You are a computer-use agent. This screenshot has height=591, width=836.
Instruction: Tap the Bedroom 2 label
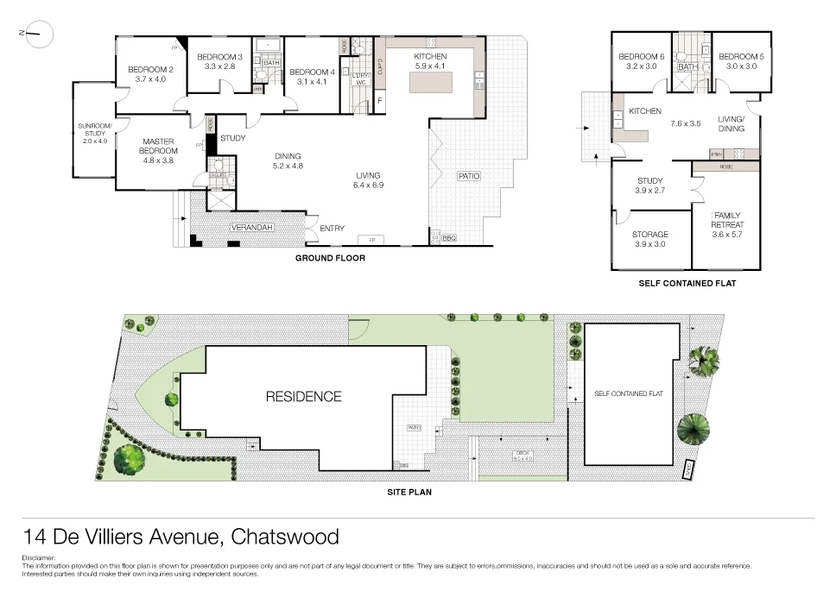coord(151,70)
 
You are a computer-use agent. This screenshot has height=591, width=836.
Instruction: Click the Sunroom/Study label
coord(92,129)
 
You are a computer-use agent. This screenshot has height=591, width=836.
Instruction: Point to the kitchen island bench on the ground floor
coord(429,82)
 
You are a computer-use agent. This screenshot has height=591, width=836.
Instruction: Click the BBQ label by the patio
coord(448,237)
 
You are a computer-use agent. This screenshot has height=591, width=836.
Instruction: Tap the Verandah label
coord(251,227)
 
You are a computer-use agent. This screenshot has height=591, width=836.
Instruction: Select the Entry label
coord(332,229)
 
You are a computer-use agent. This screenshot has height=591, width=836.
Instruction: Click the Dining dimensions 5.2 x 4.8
coord(288,166)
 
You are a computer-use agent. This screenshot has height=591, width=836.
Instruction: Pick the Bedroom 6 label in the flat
coord(641,57)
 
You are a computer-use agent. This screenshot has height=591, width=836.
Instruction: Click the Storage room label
coord(650,234)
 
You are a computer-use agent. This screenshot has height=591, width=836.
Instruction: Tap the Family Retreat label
coord(726,220)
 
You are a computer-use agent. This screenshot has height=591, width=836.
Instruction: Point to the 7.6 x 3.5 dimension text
coord(686,123)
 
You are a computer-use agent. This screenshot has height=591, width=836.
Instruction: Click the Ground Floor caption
coord(330,258)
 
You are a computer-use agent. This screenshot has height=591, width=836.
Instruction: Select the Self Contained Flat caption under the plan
coord(687,283)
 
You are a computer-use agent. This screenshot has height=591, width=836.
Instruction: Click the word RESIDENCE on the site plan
coord(303,397)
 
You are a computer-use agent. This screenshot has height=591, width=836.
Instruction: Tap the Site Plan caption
coord(409,493)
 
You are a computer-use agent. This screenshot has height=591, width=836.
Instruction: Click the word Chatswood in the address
coord(286,537)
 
